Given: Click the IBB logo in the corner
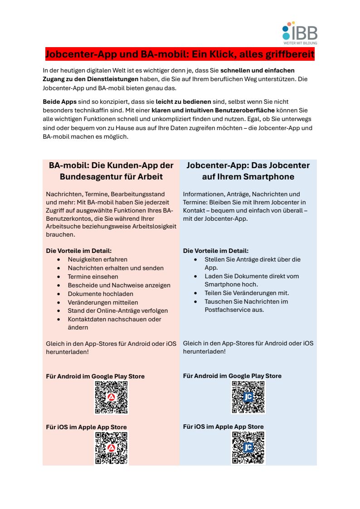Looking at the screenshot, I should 300,33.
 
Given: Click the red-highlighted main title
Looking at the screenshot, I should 180,55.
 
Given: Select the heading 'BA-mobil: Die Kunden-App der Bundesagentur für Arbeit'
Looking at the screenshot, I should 111,171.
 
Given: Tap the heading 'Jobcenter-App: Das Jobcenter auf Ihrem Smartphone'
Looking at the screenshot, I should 248,171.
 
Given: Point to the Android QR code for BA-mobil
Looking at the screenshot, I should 111,397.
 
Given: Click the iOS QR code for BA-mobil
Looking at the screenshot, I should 111,448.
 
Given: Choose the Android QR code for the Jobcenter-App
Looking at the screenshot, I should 248,397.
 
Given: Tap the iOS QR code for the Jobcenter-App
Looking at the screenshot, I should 248,448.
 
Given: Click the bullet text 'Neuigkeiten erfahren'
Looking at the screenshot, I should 97,260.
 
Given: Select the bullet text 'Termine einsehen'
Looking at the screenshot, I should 93,276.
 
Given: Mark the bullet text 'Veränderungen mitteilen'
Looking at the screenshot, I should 103,302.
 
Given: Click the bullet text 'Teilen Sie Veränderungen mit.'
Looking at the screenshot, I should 247,293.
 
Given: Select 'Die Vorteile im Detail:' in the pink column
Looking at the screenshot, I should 79,251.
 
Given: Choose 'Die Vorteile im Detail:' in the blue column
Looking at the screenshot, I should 216,251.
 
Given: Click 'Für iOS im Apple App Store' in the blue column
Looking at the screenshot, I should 223,427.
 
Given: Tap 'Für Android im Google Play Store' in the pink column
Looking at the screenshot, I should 95,376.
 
